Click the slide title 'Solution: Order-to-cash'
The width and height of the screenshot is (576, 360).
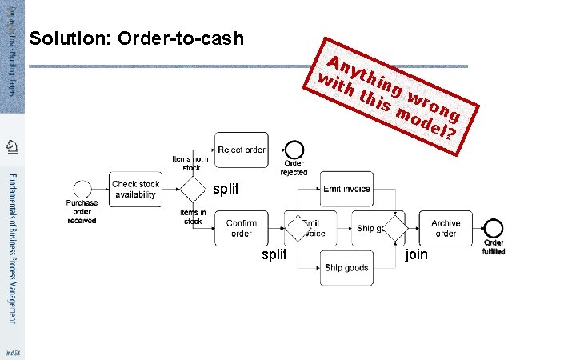point(136,39)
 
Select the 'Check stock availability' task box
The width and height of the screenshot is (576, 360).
point(135,189)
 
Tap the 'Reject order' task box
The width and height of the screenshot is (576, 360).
point(241,150)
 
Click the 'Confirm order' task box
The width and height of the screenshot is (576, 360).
point(241,229)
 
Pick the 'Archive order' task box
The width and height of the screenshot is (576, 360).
point(446,229)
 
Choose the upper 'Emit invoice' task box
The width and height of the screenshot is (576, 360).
point(346,189)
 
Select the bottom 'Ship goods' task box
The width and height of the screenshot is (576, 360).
point(346,267)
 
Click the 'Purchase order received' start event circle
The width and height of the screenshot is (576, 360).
point(82,189)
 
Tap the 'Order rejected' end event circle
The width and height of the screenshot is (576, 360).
point(294,150)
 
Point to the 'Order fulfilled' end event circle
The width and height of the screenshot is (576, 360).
point(493,229)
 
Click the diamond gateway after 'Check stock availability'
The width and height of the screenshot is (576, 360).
point(192,189)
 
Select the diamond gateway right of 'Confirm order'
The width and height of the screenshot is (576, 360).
point(298,229)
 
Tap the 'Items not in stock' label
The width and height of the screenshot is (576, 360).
point(192,163)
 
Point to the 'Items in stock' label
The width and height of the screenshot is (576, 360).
point(193,216)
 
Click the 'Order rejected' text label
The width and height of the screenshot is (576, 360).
point(294,168)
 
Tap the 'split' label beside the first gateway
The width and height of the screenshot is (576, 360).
point(226,190)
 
